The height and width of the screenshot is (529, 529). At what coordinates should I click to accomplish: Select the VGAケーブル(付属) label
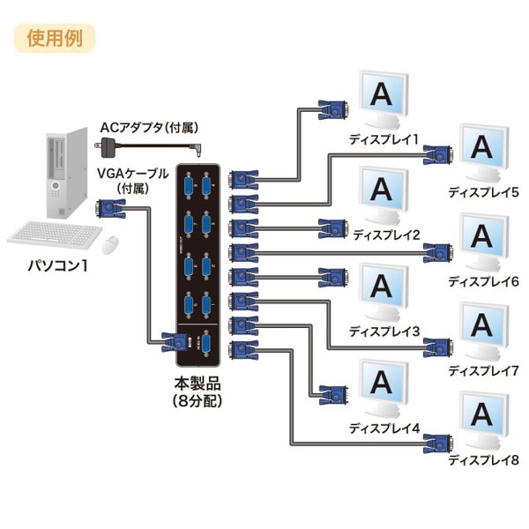pyautogui.click(x=129, y=180)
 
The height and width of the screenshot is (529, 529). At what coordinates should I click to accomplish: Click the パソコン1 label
pyautogui.click(x=58, y=265)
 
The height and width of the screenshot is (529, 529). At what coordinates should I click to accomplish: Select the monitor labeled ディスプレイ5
pyautogui.click(x=481, y=151)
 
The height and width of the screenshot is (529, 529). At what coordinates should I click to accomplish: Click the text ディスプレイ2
pyautogui.click(x=385, y=235)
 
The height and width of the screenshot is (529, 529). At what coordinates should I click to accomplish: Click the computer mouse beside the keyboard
pyautogui.click(x=111, y=242)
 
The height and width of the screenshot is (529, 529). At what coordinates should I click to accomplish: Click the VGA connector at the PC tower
pyautogui.click(x=110, y=209)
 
